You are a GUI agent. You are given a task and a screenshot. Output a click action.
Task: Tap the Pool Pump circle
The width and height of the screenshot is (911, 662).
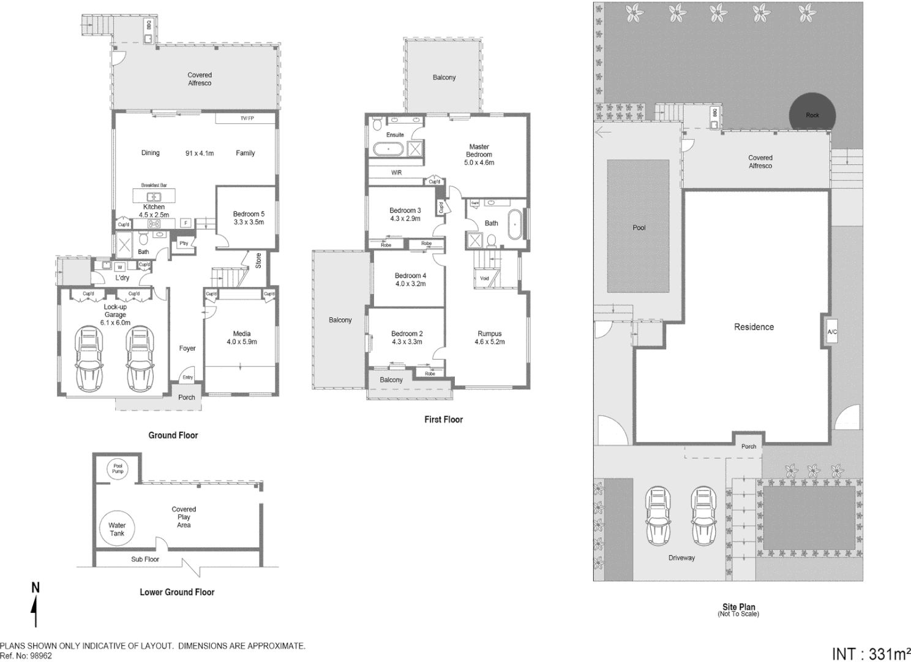tap(118, 469)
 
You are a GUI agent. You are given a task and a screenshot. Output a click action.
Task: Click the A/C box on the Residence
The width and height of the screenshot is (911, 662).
tap(832, 332)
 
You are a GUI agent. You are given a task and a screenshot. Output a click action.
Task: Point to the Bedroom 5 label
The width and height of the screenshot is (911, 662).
tap(249, 214)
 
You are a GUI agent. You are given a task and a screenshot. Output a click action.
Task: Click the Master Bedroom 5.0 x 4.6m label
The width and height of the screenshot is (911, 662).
tap(479, 154)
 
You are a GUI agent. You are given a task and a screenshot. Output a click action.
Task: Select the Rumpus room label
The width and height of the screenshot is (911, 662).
tap(489, 334)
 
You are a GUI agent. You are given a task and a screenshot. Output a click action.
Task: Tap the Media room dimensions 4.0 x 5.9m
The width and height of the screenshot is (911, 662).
tap(242, 342)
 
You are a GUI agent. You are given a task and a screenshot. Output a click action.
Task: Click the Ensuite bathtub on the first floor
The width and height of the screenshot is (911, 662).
tap(388, 149)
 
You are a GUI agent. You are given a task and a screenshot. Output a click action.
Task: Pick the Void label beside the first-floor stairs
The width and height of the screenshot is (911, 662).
tap(484, 278)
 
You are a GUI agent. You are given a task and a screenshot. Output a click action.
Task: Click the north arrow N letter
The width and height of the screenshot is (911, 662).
tap(36, 588)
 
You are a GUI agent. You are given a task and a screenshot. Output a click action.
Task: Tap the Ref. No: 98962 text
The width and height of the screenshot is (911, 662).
tap(26, 655)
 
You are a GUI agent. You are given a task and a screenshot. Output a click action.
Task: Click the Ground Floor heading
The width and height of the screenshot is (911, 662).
tap(173, 435)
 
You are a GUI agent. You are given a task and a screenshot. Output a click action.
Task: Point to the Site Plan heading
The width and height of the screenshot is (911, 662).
tap(738, 607)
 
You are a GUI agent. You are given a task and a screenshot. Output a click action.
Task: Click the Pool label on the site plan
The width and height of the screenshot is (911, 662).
tap(639, 227)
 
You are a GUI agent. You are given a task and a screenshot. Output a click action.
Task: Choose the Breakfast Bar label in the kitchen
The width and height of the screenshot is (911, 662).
tap(154, 185)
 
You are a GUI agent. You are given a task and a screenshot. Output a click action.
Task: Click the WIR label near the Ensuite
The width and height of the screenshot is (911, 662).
tap(396, 173)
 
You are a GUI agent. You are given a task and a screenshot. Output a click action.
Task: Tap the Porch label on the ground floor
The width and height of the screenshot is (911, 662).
tap(186, 397)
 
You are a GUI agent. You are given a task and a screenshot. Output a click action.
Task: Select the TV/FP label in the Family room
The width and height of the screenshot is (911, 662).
tap(247, 118)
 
